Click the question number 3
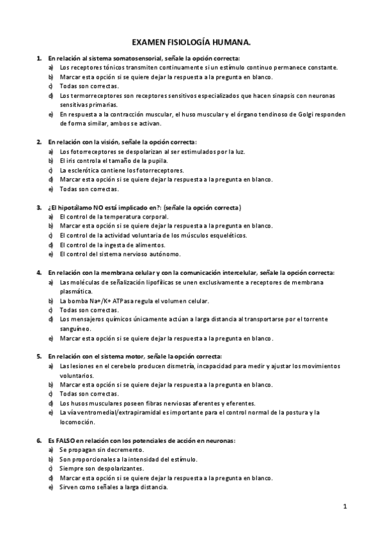pos(39,208)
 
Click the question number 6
pos(39,440)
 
